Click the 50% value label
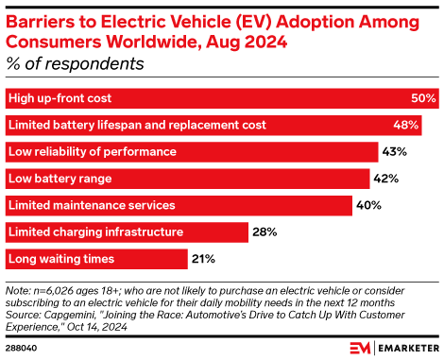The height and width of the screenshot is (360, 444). click(423, 98)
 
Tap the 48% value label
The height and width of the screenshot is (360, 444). click(405, 125)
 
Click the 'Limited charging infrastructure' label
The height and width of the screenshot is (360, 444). click(94, 231)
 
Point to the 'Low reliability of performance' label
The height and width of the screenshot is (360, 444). click(92, 151)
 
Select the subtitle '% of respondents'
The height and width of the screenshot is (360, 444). click(76, 64)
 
